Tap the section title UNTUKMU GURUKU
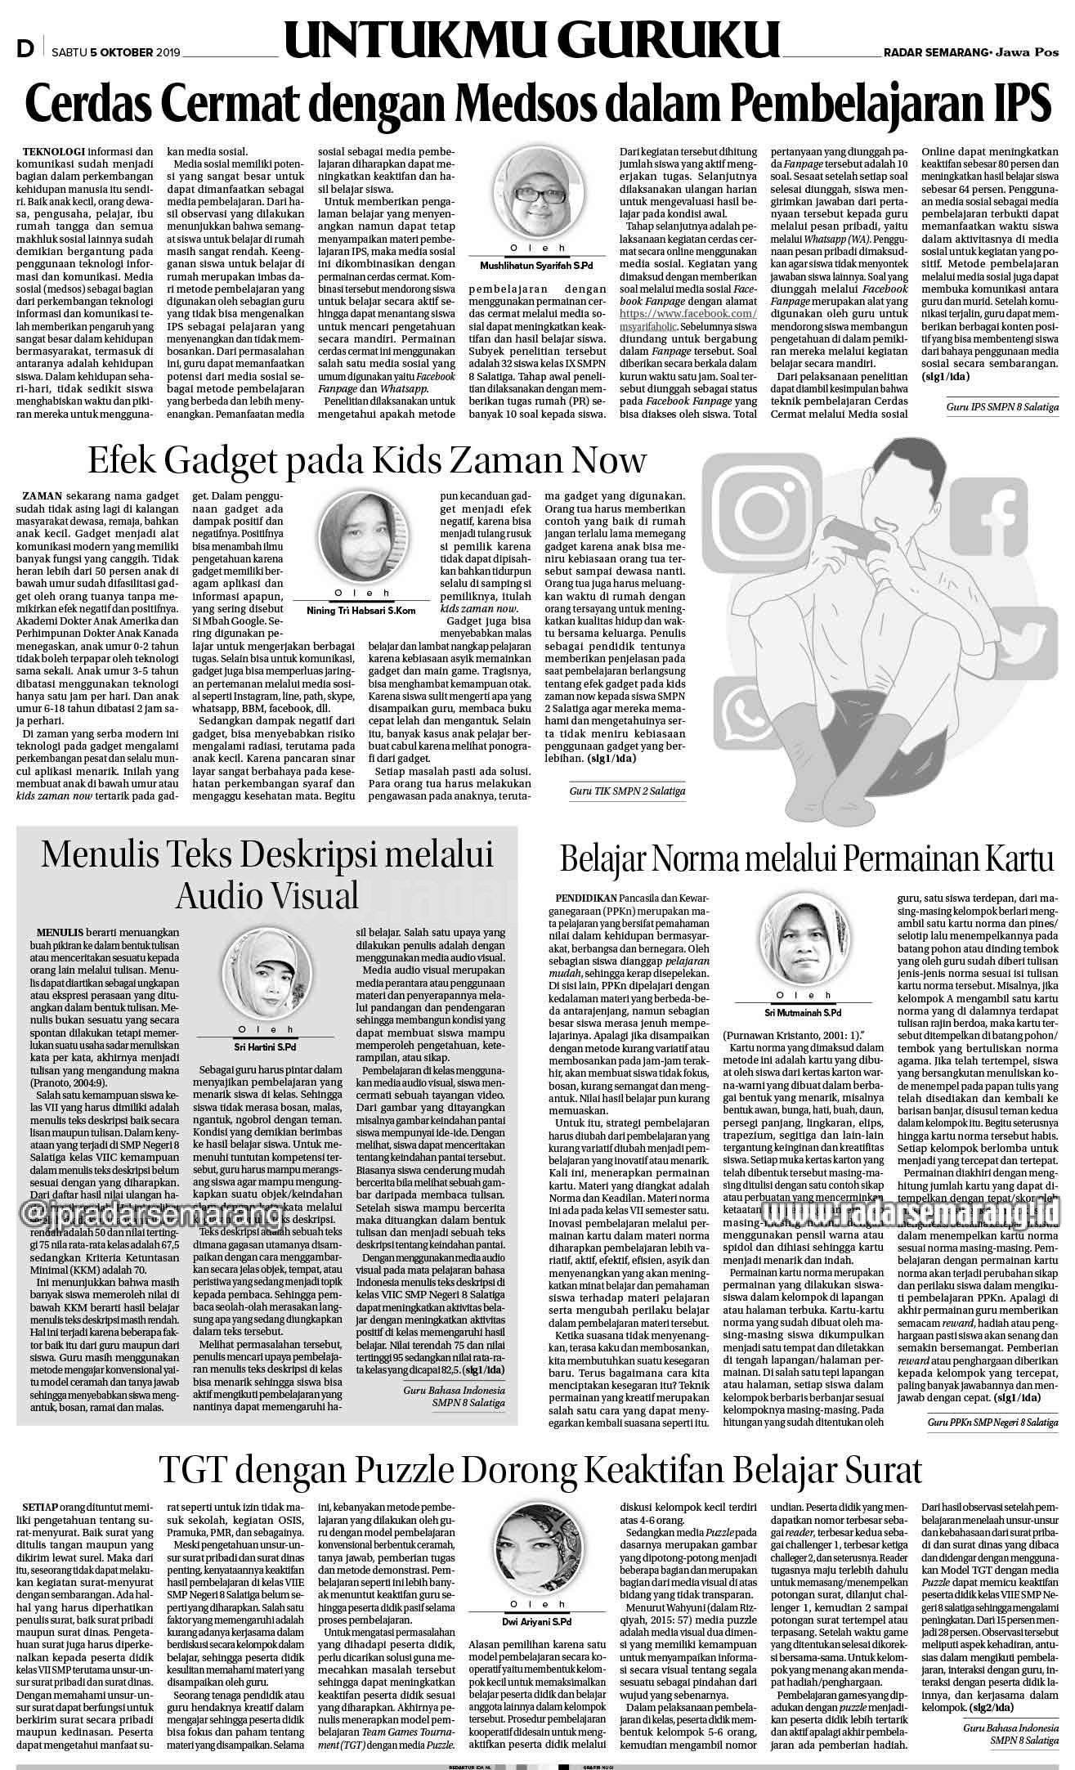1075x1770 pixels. pyautogui.click(x=532, y=42)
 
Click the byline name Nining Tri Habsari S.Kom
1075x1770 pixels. pyautogui.click(x=361, y=611)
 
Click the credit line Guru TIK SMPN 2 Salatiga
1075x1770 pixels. pyautogui.click(x=628, y=791)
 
